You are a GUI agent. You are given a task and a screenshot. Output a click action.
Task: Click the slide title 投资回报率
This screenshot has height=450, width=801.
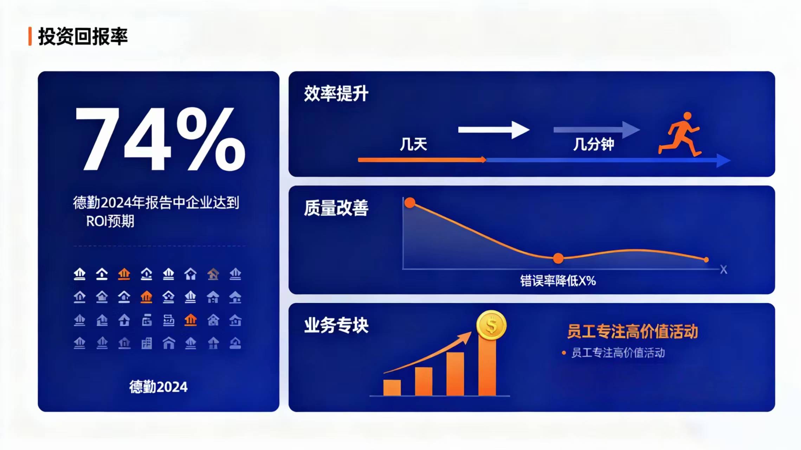[83, 37]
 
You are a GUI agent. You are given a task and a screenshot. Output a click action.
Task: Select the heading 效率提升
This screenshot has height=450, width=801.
[336, 94]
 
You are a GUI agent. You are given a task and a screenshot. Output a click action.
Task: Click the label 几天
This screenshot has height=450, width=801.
[413, 144]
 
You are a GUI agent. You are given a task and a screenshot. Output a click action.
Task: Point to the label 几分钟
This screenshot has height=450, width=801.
[594, 144]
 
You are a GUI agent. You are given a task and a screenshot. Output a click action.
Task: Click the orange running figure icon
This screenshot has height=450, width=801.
[680, 134]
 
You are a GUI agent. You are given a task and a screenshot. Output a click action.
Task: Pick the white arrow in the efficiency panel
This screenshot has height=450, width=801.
[494, 130]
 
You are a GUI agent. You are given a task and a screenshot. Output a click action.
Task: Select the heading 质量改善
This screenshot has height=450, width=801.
[336, 208]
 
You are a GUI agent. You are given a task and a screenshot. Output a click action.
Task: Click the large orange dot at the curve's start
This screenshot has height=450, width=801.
[410, 202]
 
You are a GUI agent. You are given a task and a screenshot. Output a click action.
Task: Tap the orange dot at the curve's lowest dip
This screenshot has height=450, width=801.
[558, 258]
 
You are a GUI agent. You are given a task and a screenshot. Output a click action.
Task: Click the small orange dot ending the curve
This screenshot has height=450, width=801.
[706, 260]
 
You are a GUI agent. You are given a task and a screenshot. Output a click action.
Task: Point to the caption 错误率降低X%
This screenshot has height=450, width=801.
[558, 281]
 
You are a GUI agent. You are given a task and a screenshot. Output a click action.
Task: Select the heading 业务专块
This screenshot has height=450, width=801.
[336, 325]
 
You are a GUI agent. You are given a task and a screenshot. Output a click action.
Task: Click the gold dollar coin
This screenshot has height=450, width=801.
[491, 325]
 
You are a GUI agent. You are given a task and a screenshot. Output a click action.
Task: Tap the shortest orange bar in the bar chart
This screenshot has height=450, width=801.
[392, 387]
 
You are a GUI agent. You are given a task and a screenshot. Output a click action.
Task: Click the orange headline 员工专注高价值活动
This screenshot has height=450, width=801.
[633, 332]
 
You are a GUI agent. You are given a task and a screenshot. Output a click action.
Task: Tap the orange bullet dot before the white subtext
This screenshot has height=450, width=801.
[564, 353]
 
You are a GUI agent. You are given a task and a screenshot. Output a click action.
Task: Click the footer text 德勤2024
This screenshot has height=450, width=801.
[159, 387]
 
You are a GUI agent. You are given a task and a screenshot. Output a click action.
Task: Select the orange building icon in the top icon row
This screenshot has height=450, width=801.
[124, 274]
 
